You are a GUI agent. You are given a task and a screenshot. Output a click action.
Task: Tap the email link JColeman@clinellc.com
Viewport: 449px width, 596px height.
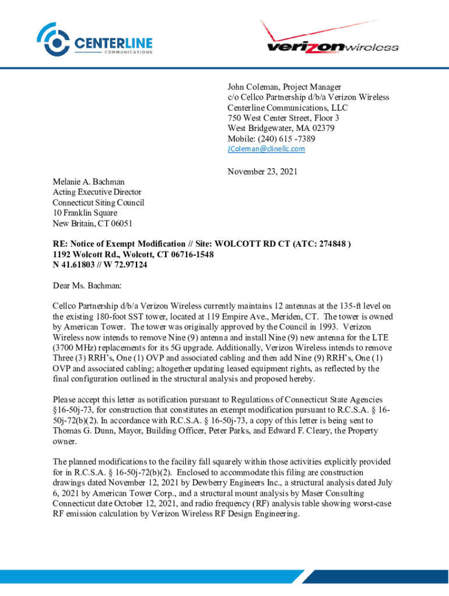266,149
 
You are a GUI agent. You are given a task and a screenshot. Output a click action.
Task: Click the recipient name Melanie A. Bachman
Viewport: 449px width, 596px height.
88,182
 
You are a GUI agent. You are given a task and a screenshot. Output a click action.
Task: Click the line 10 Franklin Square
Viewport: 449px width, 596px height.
85,213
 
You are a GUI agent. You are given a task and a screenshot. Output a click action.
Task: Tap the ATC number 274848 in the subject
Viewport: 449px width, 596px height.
332,244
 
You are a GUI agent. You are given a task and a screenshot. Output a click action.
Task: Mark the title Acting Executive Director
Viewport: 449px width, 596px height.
97,192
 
